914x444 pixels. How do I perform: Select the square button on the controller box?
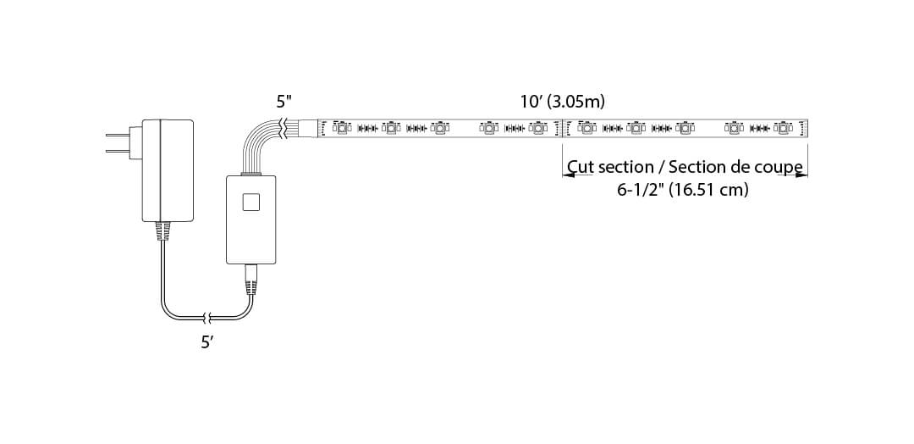point(251,202)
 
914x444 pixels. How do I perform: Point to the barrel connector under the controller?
point(251,278)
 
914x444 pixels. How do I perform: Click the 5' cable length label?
point(206,343)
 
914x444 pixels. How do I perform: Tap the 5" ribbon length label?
point(284,102)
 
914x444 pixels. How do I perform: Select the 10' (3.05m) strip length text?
point(562,102)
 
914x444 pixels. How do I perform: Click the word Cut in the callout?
point(581,167)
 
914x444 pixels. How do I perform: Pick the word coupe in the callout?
point(779,167)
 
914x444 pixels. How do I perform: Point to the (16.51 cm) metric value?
point(708,190)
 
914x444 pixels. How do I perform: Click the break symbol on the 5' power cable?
point(206,319)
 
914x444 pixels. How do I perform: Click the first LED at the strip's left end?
point(341,128)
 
